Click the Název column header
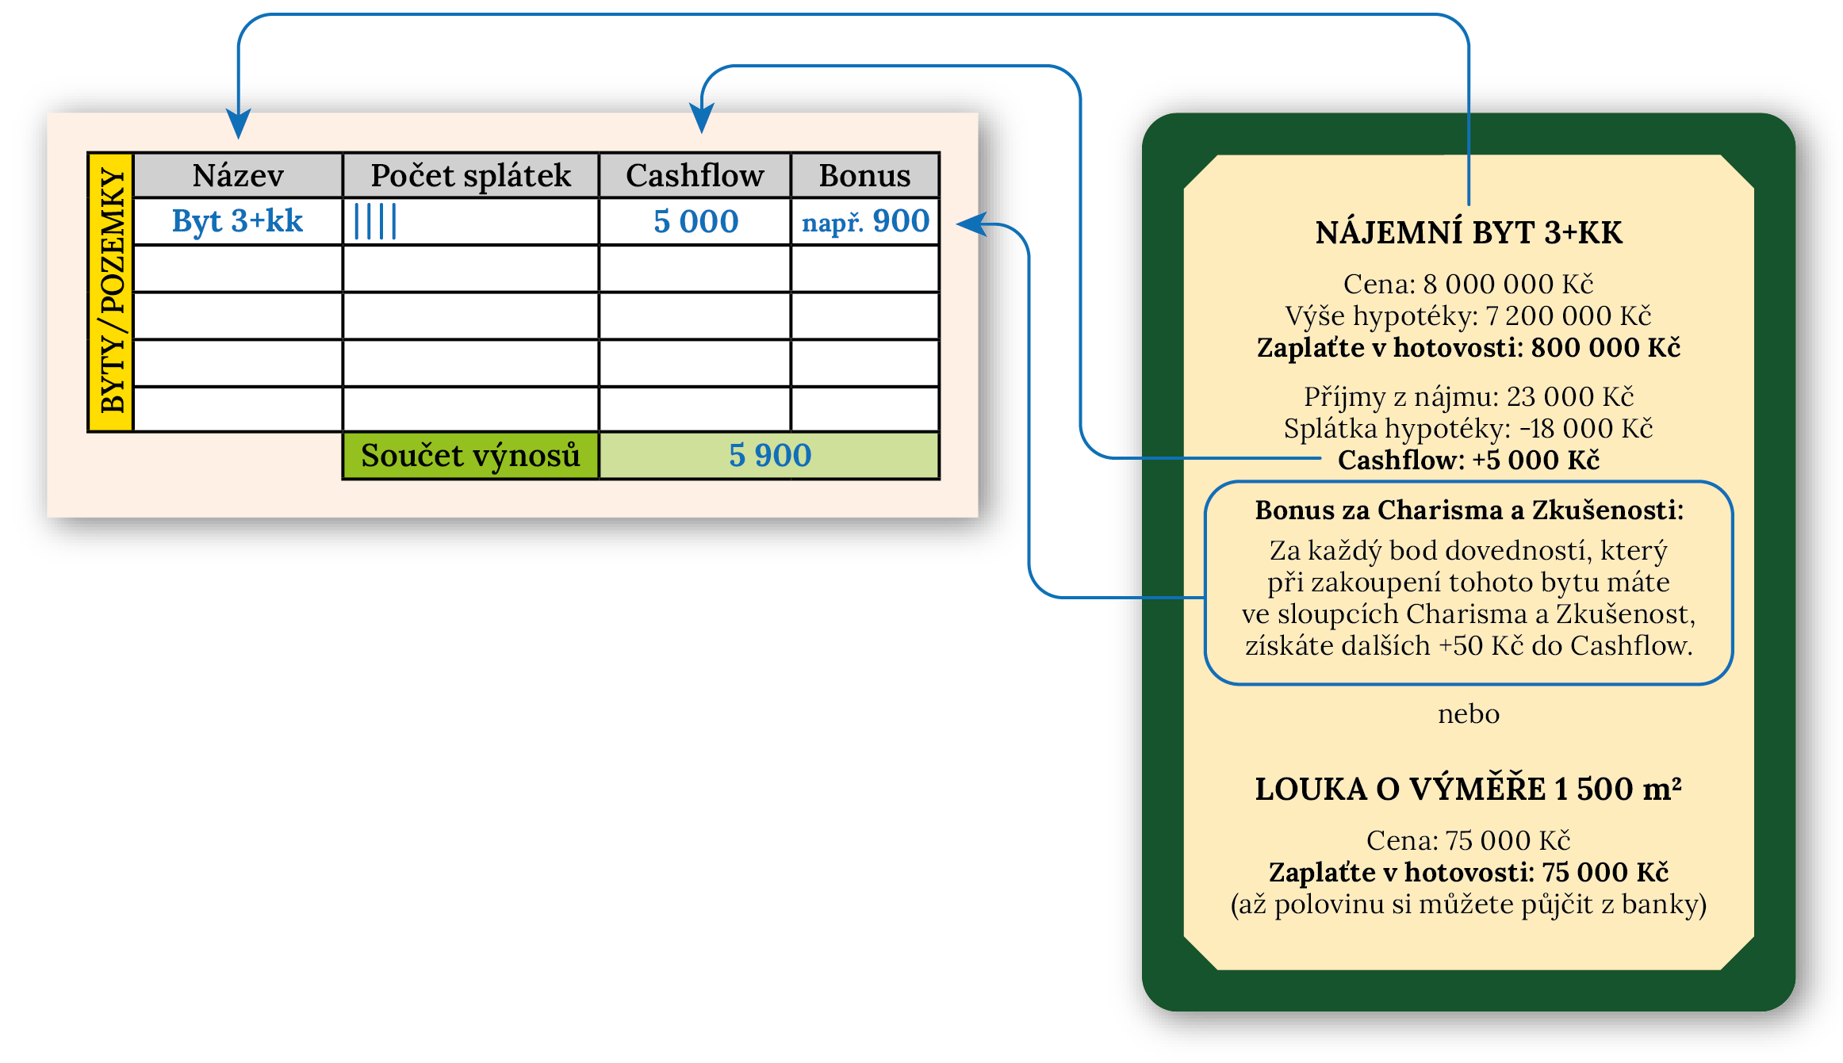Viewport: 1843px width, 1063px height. point(238,175)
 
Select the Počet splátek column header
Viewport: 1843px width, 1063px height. point(470,175)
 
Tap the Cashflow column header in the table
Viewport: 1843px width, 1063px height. point(695,175)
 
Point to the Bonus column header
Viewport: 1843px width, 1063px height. point(864,175)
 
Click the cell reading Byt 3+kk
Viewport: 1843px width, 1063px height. point(238,221)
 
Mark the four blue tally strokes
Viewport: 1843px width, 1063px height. point(375,221)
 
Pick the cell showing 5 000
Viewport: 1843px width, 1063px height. point(695,221)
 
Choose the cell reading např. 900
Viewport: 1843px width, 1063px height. point(865,221)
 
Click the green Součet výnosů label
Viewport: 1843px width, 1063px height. point(470,456)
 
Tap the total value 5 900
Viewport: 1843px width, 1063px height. point(769,456)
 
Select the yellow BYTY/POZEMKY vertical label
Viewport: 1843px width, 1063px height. point(111,292)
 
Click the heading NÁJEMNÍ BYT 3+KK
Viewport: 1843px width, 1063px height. point(1469,233)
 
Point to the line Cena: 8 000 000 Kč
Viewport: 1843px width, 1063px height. point(1468,284)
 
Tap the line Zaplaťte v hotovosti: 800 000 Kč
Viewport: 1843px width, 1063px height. point(1468,348)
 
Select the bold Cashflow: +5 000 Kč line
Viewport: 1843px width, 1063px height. point(1468,460)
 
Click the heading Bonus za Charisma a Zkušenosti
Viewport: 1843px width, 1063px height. point(1469,510)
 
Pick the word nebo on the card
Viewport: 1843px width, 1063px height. point(1469,714)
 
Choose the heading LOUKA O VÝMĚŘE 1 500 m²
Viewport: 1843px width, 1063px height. point(1468,790)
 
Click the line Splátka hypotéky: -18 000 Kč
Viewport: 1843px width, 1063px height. point(1468,429)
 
